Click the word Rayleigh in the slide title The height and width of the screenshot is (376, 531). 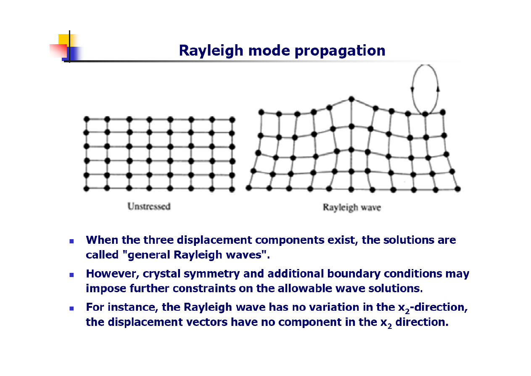click(x=211, y=51)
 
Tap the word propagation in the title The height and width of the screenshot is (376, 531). click(x=340, y=51)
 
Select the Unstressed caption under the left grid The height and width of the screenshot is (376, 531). click(x=149, y=206)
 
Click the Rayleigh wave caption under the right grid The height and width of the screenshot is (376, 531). click(x=352, y=208)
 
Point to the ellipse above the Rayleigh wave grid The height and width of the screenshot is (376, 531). click(x=412, y=90)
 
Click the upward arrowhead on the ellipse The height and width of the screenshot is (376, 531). click(x=438, y=89)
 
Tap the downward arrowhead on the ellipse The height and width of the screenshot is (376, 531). click(x=412, y=90)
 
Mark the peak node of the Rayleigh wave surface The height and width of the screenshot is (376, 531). click(x=351, y=99)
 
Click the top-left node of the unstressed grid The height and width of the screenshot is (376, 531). click(x=87, y=119)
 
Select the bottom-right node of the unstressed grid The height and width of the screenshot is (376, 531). click(x=232, y=189)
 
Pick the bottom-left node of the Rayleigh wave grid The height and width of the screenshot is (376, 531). click(x=248, y=188)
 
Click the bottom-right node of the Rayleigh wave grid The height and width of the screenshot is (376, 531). click(x=458, y=189)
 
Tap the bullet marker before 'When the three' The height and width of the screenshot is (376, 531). click(x=71, y=241)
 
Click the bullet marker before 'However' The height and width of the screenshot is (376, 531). click(x=71, y=275)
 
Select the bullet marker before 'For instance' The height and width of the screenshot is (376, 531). click(x=71, y=308)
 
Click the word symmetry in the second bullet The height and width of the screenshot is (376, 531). click(x=212, y=275)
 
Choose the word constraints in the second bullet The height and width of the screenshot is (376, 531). click(x=204, y=289)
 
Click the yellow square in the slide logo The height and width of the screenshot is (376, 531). click(x=68, y=40)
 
